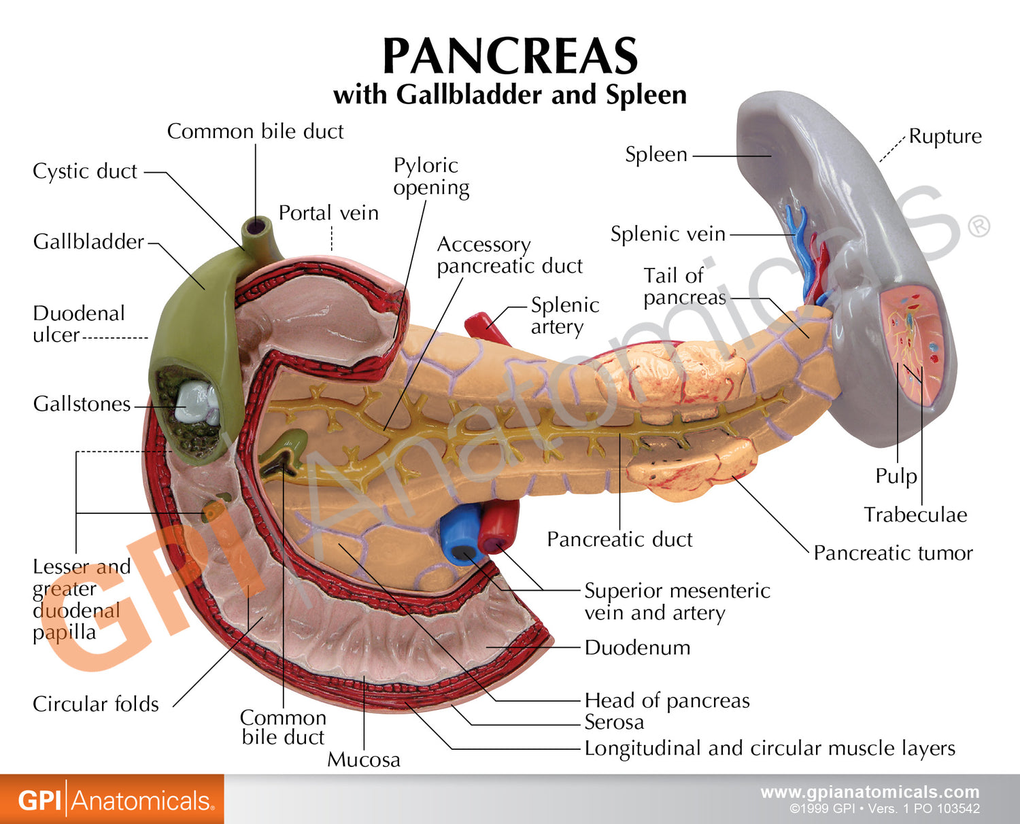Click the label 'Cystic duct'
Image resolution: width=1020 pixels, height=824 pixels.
click(x=85, y=171)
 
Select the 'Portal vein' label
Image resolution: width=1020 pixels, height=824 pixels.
click(x=328, y=213)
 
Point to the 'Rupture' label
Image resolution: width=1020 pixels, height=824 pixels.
click(x=945, y=137)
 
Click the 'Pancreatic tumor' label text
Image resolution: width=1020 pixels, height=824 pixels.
click(x=893, y=553)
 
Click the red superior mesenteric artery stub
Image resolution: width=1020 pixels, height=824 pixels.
click(x=499, y=527)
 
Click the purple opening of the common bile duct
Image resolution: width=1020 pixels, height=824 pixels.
click(x=258, y=226)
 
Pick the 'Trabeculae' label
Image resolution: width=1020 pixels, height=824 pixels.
click(x=915, y=515)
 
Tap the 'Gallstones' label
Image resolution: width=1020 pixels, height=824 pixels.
click(x=82, y=405)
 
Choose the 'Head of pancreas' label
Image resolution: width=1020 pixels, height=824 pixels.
click(x=667, y=700)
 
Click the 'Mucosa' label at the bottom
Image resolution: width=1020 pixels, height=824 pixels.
click(x=364, y=759)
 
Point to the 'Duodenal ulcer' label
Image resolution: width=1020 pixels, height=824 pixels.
click(x=78, y=324)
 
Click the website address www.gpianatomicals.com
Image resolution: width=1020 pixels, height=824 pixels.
click(x=870, y=792)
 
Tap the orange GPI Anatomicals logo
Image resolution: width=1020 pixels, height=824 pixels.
click(x=112, y=800)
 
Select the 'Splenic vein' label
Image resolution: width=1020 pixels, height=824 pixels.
click(x=668, y=235)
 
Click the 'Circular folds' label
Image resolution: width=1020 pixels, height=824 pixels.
click(x=96, y=704)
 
